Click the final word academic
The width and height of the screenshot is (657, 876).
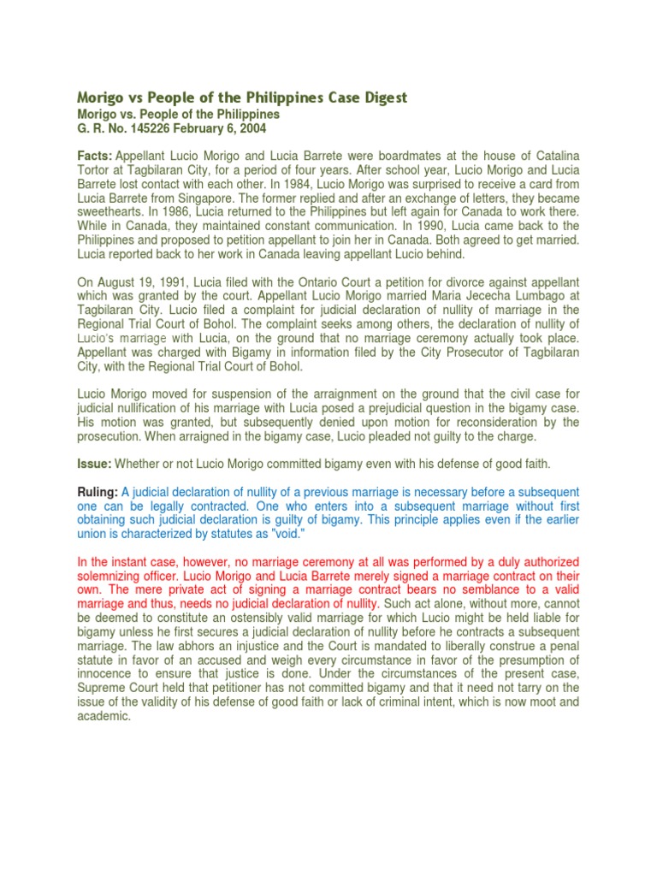coord(104,716)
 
